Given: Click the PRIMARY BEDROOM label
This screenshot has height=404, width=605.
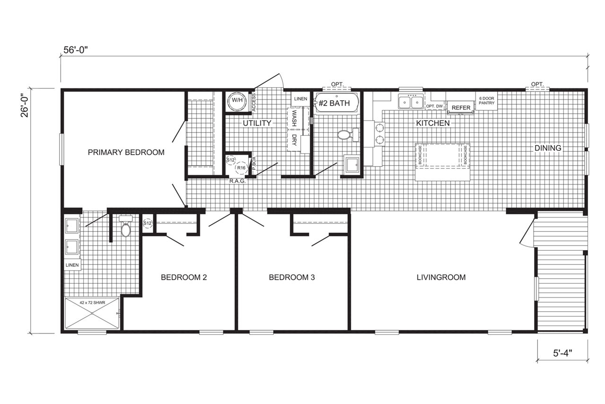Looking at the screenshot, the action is tap(126, 152).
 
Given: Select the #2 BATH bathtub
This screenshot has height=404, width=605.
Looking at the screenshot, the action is tap(337, 103).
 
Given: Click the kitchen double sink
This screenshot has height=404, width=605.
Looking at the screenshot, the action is tap(411, 102).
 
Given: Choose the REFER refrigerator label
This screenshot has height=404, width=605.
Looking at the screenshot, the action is tap(461, 108).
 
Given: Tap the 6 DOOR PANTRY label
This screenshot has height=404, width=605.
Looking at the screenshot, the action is tap(487, 101).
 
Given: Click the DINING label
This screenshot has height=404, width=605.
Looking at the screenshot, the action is tap(548, 148).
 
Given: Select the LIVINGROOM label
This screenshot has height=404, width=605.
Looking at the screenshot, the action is tap(441, 277).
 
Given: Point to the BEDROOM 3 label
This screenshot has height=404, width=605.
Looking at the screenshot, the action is tap(292, 277).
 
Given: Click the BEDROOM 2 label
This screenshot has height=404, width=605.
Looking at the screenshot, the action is tap(184, 277).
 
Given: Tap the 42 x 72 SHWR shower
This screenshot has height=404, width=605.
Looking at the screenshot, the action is tap(92, 314).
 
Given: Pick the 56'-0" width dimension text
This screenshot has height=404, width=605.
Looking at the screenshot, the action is tap(76, 50).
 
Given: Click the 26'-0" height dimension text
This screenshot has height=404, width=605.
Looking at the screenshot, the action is tap(25, 105).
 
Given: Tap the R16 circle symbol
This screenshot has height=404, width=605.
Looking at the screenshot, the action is tap(241, 168).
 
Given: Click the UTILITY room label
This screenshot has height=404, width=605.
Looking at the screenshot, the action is tap(257, 123).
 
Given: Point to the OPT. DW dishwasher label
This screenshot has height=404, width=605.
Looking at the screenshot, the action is tap(434, 106).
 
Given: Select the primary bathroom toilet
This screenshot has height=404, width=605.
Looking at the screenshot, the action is tap(126, 227).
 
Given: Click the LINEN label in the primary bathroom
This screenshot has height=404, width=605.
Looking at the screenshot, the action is tap(72, 265).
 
